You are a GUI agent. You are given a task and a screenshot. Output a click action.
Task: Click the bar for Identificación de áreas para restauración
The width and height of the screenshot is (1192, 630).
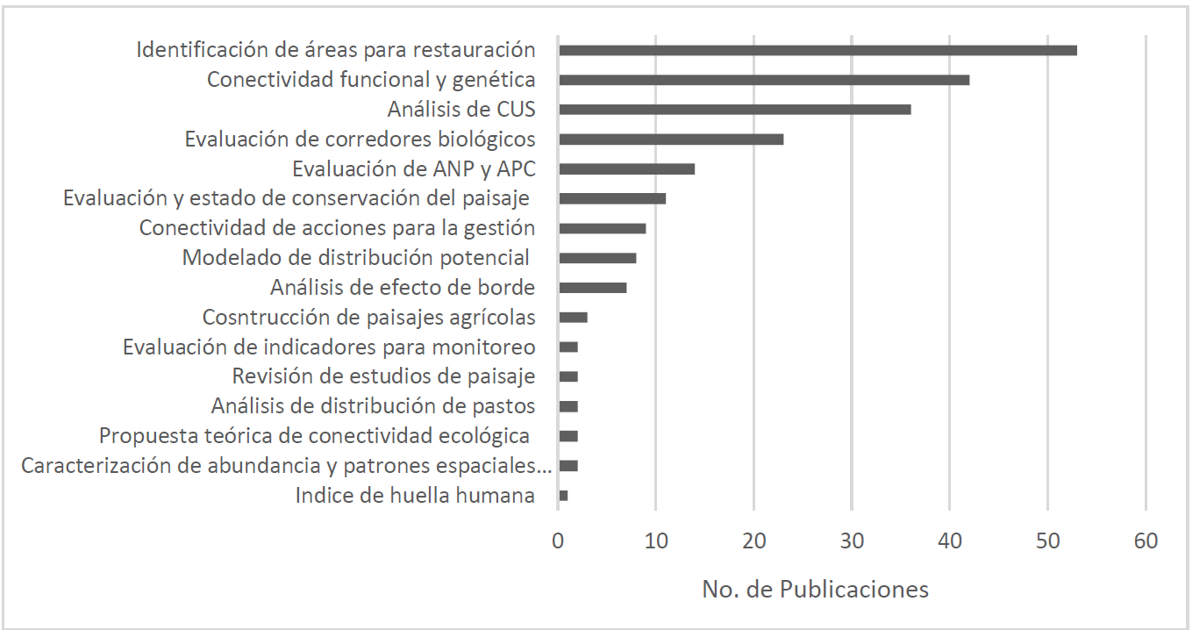(817, 50)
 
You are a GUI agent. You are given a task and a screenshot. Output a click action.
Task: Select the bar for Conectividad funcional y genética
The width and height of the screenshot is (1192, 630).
(763, 80)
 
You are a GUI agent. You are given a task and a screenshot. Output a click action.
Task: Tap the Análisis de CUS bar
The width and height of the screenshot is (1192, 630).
(734, 110)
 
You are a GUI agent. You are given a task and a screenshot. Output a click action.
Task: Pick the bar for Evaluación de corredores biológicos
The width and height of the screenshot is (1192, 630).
(671, 140)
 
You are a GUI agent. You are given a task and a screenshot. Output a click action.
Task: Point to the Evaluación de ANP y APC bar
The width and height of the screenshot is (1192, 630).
(626, 168)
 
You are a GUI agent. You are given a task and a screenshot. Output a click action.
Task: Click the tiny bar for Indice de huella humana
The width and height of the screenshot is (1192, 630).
(563, 496)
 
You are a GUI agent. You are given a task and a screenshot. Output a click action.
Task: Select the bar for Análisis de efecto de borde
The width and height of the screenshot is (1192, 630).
(592, 288)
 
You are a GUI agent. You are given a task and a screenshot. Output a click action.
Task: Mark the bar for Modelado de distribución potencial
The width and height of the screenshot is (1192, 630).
(597, 258)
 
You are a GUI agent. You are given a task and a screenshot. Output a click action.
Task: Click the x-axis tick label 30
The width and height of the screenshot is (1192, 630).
(852, 541)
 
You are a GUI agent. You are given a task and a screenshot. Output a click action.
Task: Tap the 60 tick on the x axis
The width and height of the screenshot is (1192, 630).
(1146, 541)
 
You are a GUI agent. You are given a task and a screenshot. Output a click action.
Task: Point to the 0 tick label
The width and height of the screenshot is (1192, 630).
(559, 541)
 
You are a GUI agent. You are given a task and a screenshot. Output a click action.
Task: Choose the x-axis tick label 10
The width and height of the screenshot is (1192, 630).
(656, 541)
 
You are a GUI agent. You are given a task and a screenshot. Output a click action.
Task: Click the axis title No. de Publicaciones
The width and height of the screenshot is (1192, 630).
(815, 589)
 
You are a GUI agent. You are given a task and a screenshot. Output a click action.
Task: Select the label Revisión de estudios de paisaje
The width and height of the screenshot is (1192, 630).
(383, 376)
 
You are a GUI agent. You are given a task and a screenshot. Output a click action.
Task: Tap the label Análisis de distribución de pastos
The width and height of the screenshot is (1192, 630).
(373, 406)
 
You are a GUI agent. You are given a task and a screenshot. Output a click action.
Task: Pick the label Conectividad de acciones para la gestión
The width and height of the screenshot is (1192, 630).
(337, 228)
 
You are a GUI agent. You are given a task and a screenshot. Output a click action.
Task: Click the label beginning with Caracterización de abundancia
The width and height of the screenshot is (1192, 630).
(287, 466)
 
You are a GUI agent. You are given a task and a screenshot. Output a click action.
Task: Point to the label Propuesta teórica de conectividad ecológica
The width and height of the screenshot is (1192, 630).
(314, 436)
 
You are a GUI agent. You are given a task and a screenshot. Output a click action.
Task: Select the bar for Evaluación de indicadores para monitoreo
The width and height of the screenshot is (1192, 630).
(568, 347)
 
